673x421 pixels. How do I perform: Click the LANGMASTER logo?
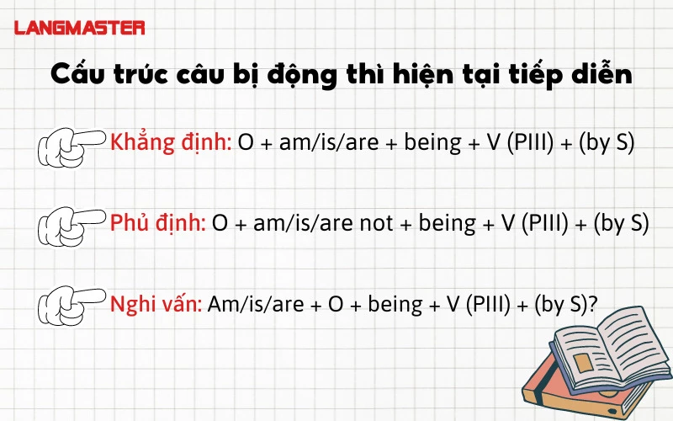pyautogui.click(x=80, y=28)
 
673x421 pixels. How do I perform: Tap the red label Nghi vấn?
pyautogui.click(x=156, y=303)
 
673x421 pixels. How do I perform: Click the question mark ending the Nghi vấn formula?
pyautogui.click(x=592, y=304)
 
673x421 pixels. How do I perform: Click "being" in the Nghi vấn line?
pyautogui.click(x=396, y=304)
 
